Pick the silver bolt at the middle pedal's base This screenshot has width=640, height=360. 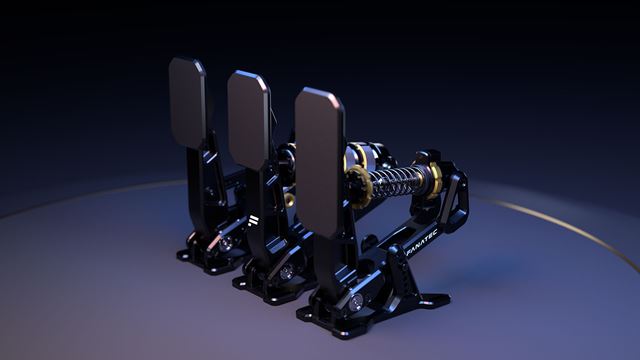click(287, 271)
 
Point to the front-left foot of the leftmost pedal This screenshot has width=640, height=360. click(186, 254)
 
